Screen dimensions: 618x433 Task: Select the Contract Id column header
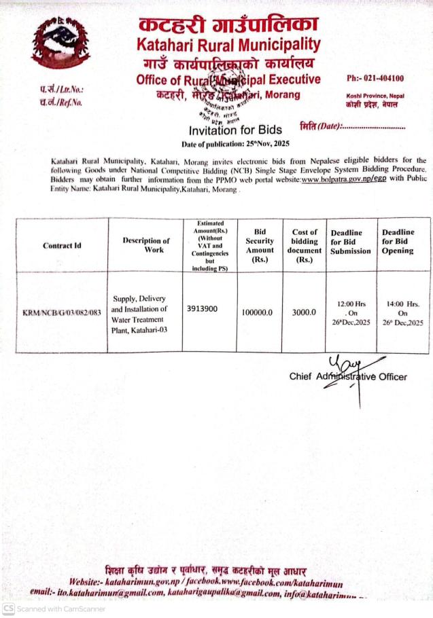(63, 245)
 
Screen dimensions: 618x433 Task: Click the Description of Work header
(146, 245)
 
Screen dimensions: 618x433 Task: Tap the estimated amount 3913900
(202, 308)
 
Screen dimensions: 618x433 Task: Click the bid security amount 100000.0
(257, 312)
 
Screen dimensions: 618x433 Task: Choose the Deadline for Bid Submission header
(351, 242)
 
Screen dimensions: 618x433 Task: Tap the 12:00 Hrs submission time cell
(352, 312)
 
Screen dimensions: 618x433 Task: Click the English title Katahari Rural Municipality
(228, 46)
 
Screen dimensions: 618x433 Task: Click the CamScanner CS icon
(9, 608)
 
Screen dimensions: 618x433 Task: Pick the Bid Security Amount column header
(259, 245)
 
